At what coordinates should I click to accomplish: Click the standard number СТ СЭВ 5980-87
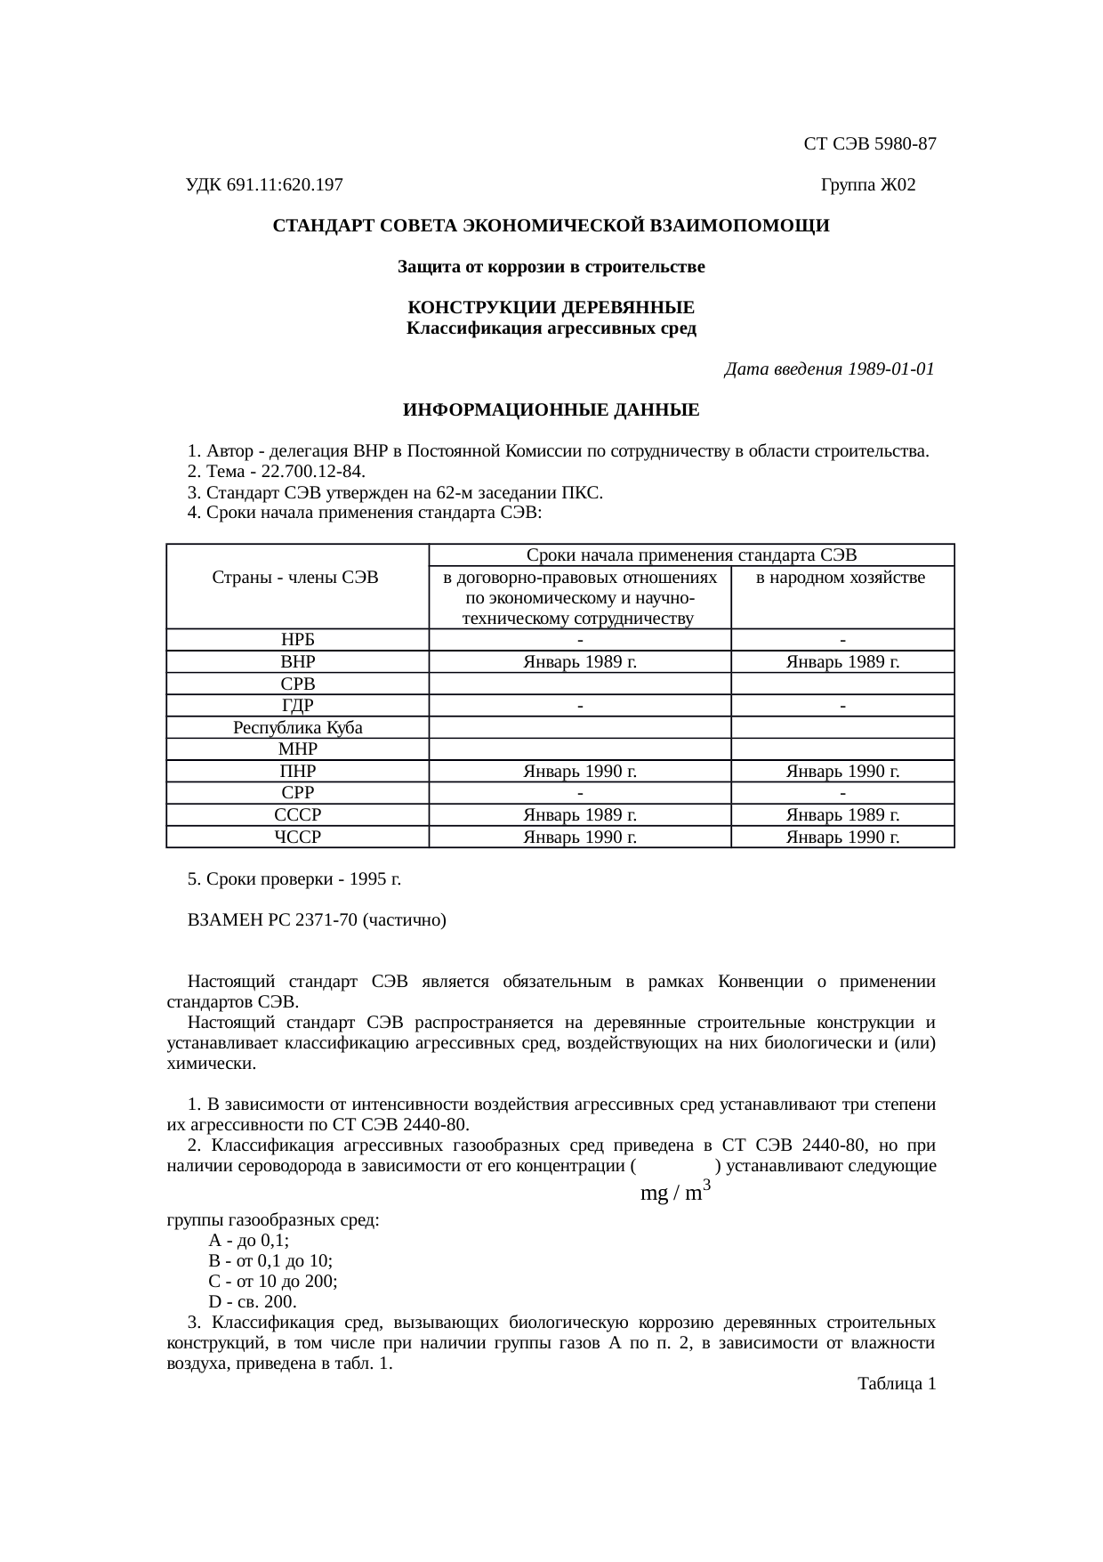point(869,144)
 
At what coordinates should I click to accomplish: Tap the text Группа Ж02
point(867,185)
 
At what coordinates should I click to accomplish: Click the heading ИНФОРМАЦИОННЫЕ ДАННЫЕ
point(551,410)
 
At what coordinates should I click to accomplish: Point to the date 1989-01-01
point(890,368)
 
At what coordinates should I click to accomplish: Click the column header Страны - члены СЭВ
point(296,578)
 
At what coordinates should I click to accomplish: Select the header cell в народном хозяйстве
point(841,579)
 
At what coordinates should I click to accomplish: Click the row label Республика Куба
point(297,727)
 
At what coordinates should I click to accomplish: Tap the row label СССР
point(297,814)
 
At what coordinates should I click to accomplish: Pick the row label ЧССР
point(297,837)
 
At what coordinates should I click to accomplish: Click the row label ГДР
point(297,706)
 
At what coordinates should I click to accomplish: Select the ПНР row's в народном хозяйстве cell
point(841,771)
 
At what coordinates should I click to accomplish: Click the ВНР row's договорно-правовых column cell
point(579,662)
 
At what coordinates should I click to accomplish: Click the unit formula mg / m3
point(674,1192)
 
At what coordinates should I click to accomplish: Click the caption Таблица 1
point(896,1384)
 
